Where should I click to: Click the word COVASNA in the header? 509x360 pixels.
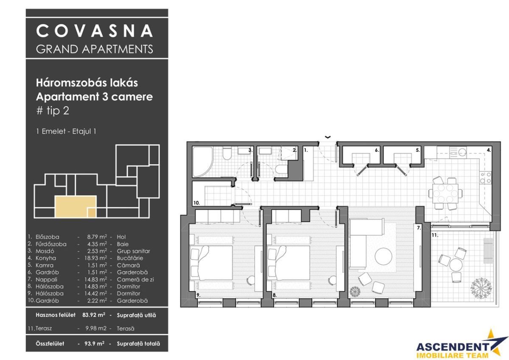(94, 31)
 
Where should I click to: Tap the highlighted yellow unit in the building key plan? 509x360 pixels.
(75, 207)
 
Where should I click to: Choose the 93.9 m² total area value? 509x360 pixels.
(93, 344)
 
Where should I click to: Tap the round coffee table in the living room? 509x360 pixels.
(384, 257)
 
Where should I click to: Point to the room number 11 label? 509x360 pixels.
(434, 234)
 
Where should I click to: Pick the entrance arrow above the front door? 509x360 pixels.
(327, 137)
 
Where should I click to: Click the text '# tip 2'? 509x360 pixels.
(53, 111)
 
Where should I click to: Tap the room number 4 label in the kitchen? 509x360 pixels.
(489, 150)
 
